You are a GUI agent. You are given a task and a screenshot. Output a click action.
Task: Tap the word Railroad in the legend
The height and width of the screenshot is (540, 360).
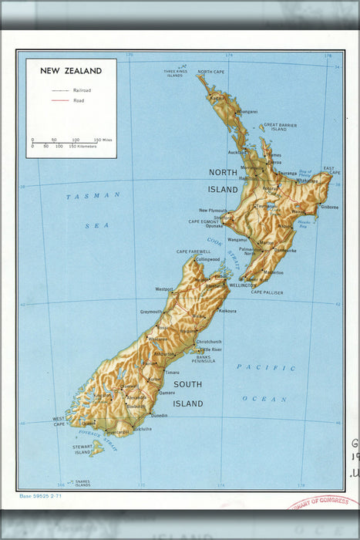[82, 90]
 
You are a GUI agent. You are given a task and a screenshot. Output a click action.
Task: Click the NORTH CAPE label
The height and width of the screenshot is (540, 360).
[210, 72]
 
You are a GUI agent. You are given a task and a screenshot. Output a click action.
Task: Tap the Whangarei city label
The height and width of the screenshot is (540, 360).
[247, 111]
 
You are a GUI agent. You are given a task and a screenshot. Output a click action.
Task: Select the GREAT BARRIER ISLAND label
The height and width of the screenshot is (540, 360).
[277, 127]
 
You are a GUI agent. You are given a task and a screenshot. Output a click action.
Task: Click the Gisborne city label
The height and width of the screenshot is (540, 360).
[329, 207]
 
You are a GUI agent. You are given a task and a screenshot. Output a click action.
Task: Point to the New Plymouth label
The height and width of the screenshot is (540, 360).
[213, 210]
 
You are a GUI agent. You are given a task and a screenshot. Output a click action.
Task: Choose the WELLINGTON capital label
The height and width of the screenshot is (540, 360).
[243, 284]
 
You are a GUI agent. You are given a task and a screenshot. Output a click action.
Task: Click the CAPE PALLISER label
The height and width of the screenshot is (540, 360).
[267, 292]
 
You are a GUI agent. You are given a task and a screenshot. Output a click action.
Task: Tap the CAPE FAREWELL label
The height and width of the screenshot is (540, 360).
[193, 251]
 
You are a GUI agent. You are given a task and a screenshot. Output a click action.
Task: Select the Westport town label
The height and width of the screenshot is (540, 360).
[164, 289]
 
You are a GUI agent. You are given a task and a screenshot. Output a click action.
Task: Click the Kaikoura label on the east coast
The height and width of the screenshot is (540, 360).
[227, 311]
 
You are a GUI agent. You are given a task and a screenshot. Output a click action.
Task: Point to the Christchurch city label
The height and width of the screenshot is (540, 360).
[209, 341]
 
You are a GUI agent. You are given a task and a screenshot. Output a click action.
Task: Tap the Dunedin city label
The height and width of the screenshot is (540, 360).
[160, 416]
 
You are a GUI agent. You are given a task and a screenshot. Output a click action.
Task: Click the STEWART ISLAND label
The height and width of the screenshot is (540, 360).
[82, 448]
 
